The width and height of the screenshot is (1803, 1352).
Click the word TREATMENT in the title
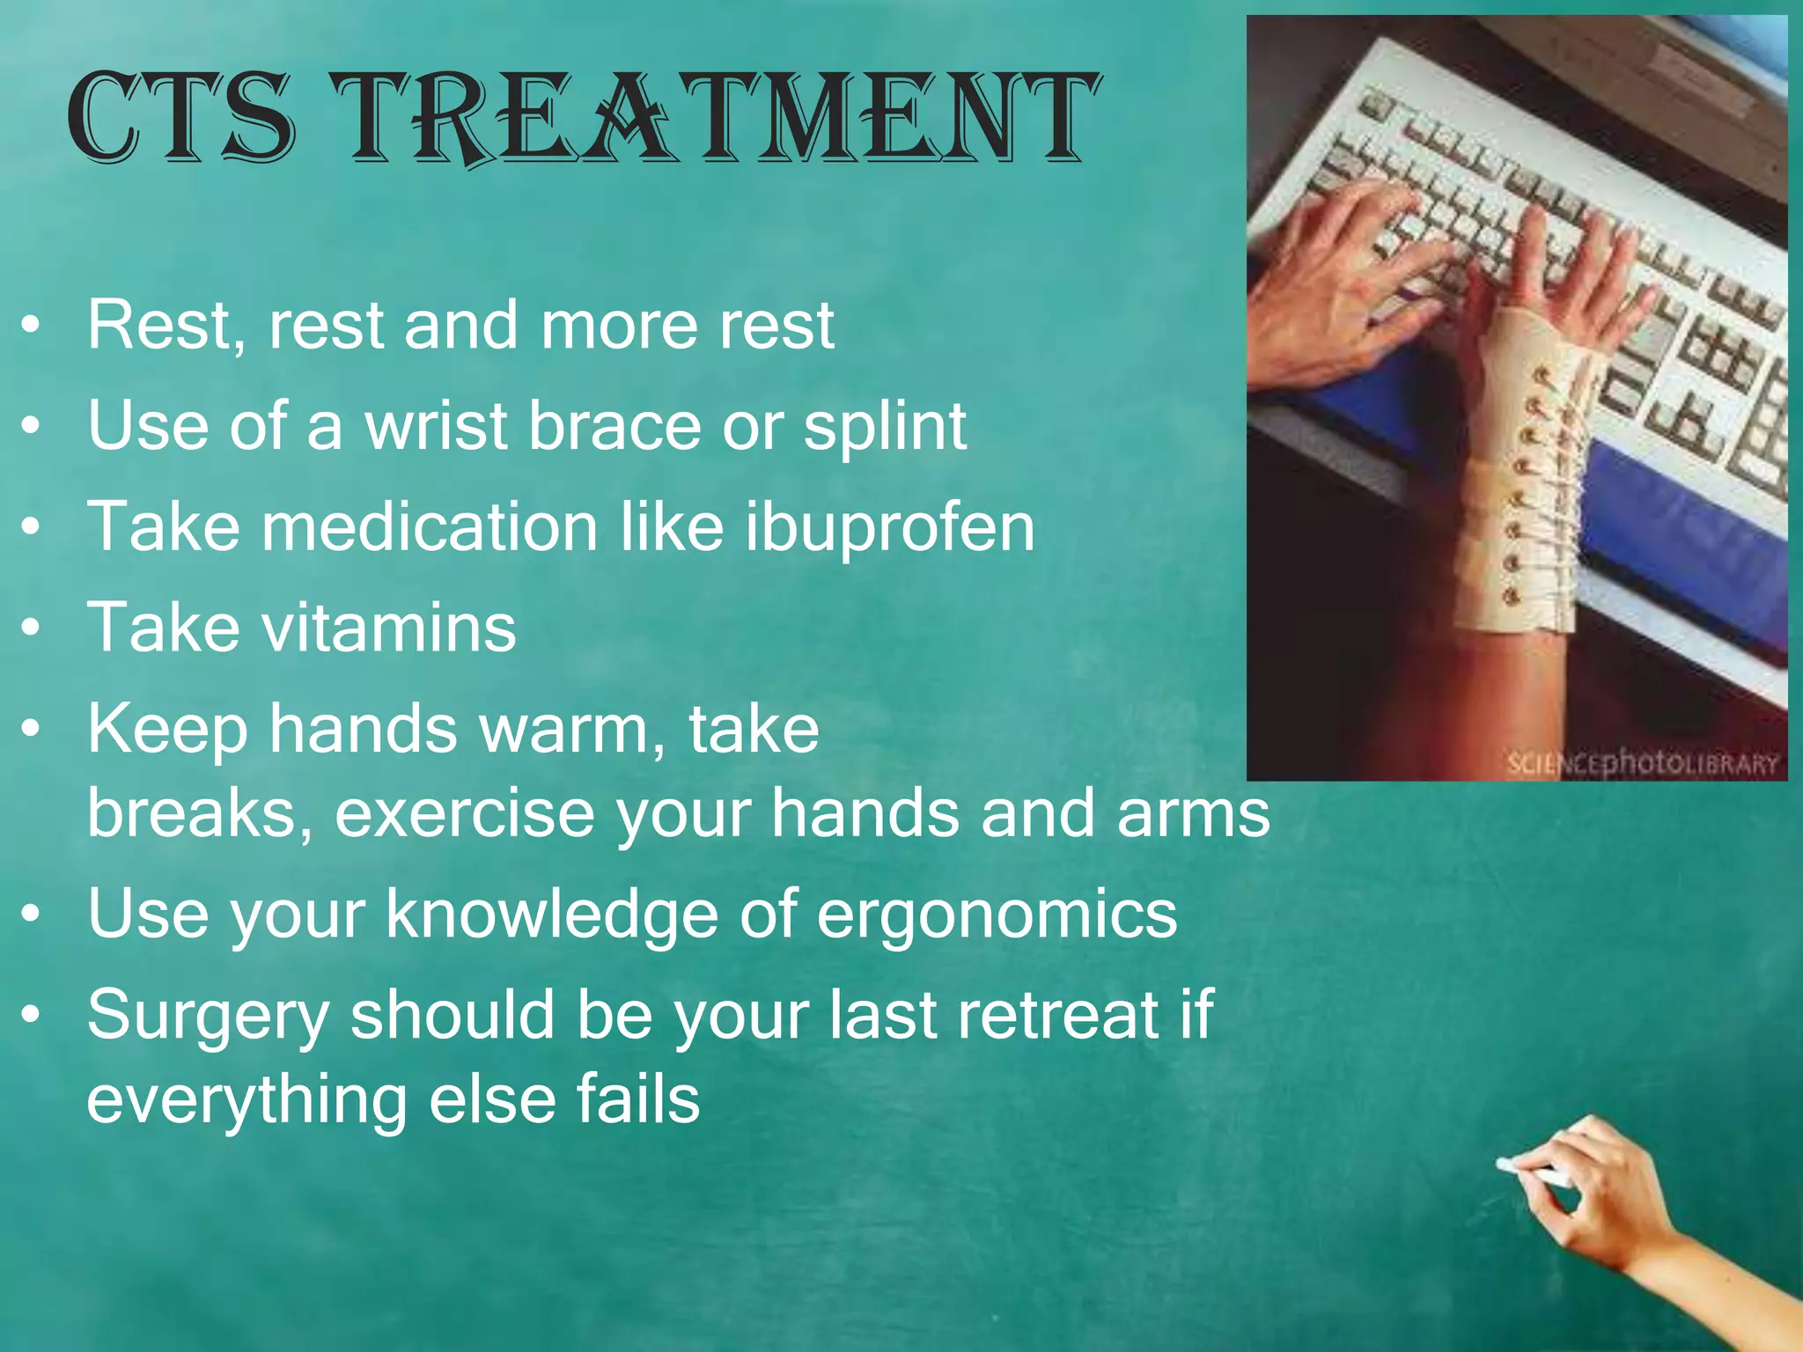point(720,119)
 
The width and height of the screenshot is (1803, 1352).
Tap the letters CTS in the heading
point(180,119)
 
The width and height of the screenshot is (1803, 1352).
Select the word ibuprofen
point(889,527)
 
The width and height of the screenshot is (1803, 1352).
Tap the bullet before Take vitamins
point(32,629)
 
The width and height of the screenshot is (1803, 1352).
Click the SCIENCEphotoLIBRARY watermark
point(1642,763)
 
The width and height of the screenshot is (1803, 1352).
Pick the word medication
point(431,527)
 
